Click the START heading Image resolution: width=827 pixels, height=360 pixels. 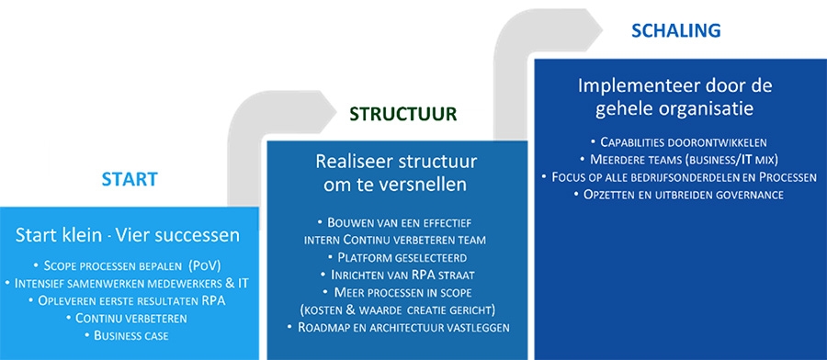tap(129, 178)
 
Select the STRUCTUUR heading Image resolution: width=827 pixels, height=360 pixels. tap(403, 114)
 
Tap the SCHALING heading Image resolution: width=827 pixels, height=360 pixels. tap(675, 31)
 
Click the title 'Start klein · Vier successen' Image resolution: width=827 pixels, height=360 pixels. tap(128, 234)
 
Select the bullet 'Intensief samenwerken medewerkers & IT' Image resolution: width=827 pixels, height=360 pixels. tap(128, 283)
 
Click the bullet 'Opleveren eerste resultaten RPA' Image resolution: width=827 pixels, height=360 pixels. tap(129, 300)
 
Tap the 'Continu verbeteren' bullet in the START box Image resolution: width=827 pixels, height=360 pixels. tap(129, 318)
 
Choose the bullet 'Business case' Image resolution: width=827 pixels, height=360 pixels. tap(129, 335)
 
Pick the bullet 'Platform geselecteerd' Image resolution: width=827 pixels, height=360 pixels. tap(397, 257)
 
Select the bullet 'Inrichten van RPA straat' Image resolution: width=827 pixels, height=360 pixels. tap(396, 275)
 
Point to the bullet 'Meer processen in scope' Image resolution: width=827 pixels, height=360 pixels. tap(396, 292)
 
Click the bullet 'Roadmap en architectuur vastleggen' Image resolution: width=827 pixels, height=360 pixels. tap(396, 327)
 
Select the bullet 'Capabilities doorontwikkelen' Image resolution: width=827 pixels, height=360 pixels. tap(679, 142)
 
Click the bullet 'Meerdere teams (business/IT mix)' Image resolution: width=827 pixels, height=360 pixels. tap(679, 160)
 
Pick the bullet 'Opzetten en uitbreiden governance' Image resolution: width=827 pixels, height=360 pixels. tap(679, 195)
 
